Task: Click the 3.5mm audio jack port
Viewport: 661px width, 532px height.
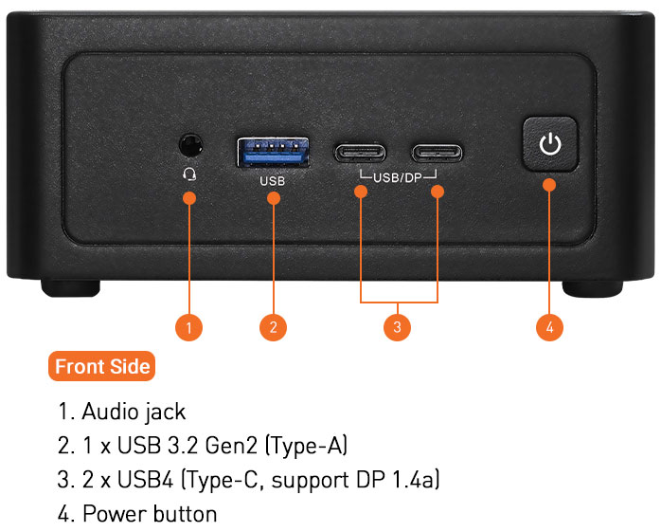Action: click(x=191, y=145)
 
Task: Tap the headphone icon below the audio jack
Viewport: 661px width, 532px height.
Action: click(x=190, y=173)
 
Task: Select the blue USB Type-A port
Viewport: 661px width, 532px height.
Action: click(x=273, y=152)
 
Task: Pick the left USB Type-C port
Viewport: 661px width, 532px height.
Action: click(x=360, y=152)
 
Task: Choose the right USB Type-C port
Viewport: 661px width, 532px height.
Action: click(x=438, y=152)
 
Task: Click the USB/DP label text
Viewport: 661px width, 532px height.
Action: click(x=398, y=177)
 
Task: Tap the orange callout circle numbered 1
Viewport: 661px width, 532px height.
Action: click(x=189, y=327)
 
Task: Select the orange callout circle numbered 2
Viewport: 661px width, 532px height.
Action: click(x=273, y=327)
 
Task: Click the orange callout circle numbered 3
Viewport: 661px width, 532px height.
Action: click(x=397, y=327)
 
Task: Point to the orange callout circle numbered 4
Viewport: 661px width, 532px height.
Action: click(x=549, y=327)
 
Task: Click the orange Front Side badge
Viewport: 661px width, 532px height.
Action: click(x=102, y=366)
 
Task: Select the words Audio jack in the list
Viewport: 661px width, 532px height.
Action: click(x=134, y=412)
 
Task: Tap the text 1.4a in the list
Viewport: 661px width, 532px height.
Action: click(x=414, y=480)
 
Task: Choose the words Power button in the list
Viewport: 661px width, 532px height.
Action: click(x=150, y=514)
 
